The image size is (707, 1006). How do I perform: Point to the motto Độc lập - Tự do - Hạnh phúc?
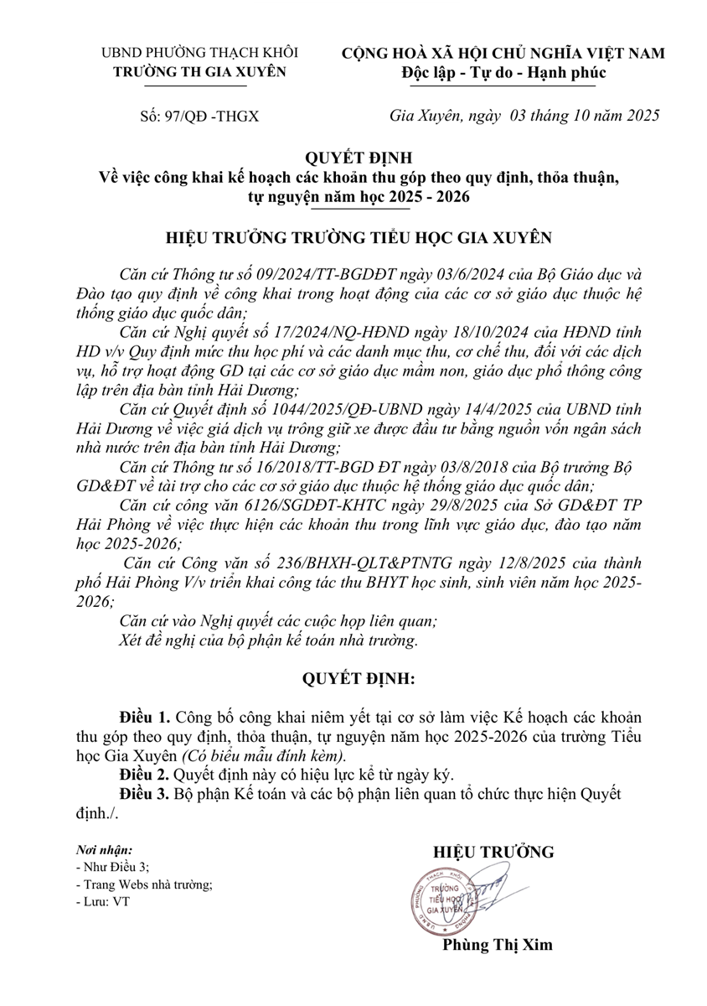click(x=503, y=72)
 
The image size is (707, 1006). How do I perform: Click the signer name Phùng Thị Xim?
click(x=498, y=944)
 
